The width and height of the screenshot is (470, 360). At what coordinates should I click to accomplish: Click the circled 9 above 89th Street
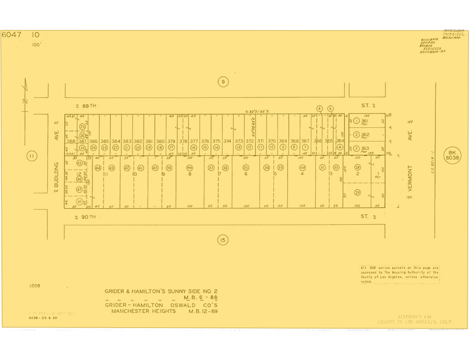point(223,81)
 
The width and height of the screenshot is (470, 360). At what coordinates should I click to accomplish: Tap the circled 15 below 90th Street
point(223,239)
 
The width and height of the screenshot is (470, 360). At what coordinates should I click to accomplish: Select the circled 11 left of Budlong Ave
point(31,156)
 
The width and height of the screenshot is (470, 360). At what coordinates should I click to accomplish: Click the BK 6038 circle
point(453,155)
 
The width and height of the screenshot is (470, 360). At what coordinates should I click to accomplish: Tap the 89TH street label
point(90,105)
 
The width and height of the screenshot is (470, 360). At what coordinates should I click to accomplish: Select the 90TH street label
point(90,217)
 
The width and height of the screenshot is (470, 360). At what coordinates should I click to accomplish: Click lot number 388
point(71,141)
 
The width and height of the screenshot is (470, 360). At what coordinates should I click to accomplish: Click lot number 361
point(365,121)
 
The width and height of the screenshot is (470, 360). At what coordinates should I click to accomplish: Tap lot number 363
point(365,148)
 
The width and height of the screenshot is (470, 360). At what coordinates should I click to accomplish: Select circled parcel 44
point(98,168)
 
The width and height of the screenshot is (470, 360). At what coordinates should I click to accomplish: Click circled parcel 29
point(357,192)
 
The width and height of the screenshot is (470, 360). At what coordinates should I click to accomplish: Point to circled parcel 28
point(357,167)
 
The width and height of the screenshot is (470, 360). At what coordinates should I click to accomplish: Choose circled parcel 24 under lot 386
point(94,148)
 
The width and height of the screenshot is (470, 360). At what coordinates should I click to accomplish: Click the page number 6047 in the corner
point(12,35)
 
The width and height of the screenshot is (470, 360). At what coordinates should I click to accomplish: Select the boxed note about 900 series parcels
point(399,274)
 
